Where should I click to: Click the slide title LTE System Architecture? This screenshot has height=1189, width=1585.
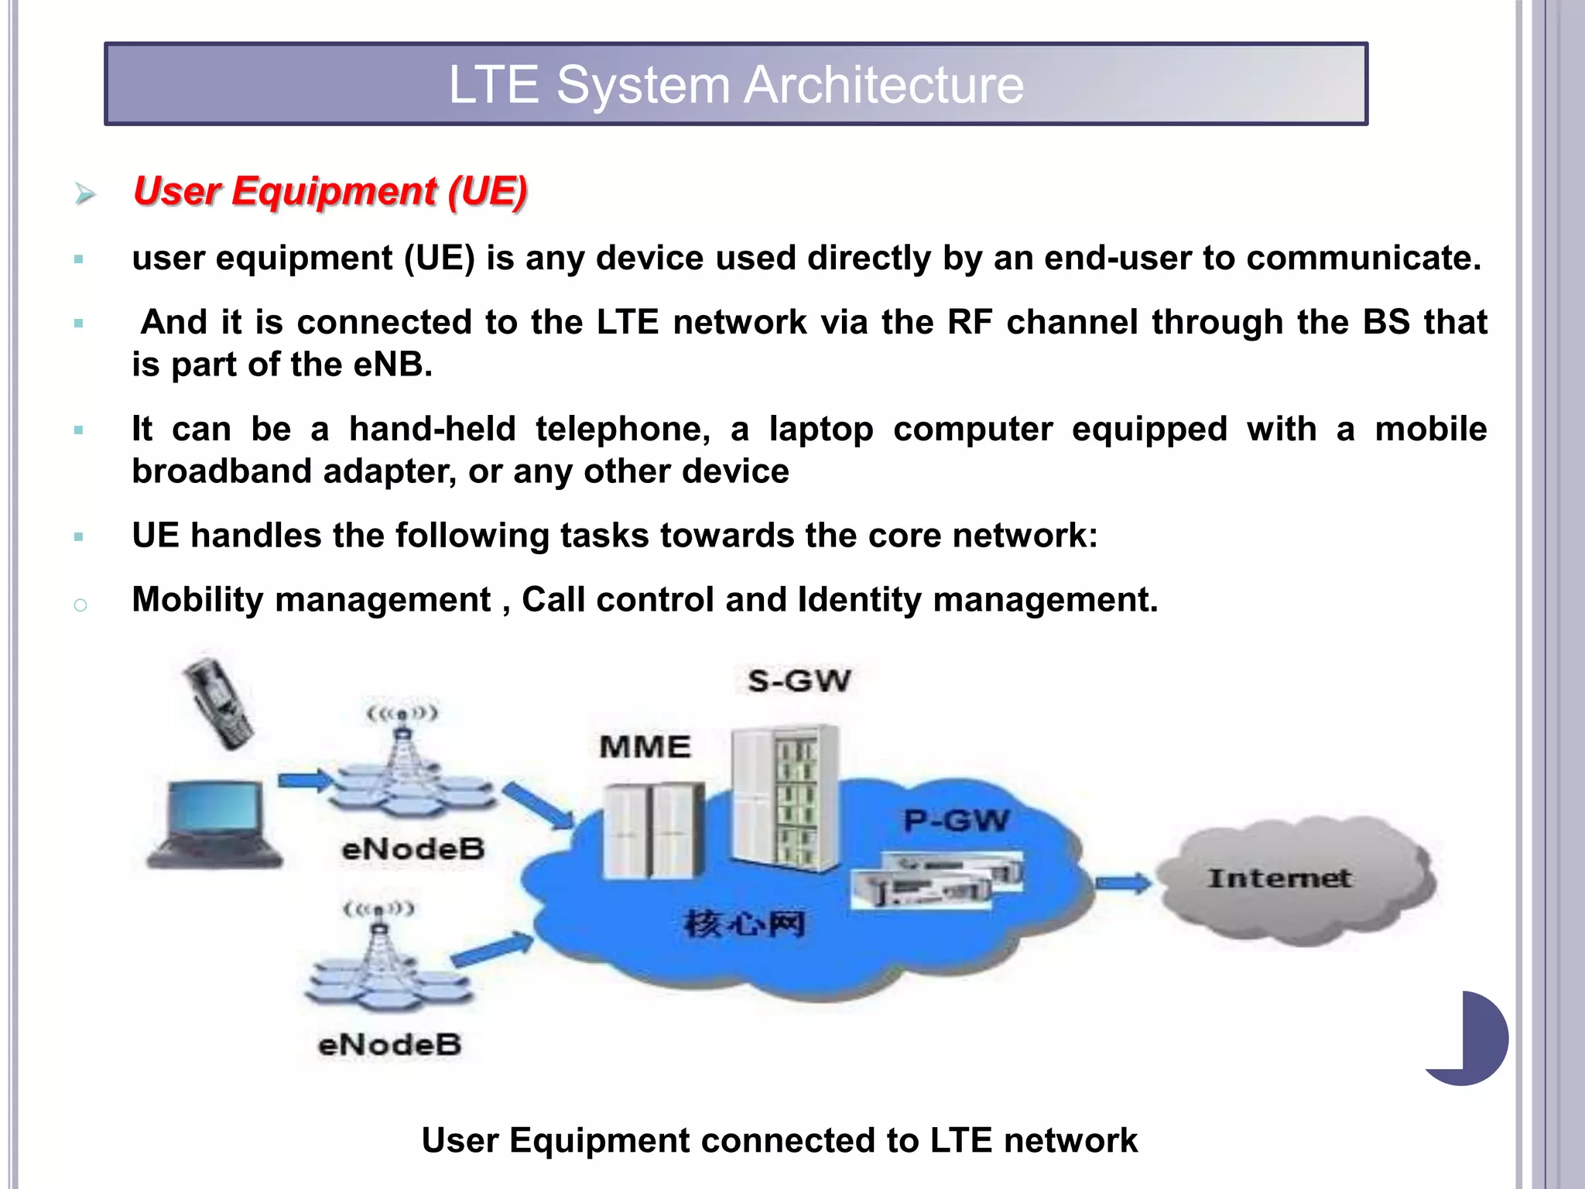(736, 84)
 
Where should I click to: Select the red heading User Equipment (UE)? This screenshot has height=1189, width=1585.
(330, 191)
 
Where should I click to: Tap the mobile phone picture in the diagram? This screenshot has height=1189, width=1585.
(219, 703)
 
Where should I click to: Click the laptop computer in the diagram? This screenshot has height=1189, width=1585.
(215, 825)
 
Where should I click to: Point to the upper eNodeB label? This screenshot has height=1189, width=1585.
(413, 849)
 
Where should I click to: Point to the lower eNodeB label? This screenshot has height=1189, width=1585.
(390, 1045)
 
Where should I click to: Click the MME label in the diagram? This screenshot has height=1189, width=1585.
(645, 747)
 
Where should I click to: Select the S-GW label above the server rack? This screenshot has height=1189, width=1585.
(799, 681)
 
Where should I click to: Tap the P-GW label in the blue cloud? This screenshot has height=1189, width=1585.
(957, 821)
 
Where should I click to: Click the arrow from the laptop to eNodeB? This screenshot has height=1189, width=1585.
(304, 780)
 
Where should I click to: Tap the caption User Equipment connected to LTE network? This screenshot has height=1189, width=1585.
(779, 1140)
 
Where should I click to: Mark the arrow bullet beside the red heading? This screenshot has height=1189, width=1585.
(85, 193)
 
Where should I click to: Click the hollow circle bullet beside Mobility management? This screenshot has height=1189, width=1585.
(80, 605)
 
